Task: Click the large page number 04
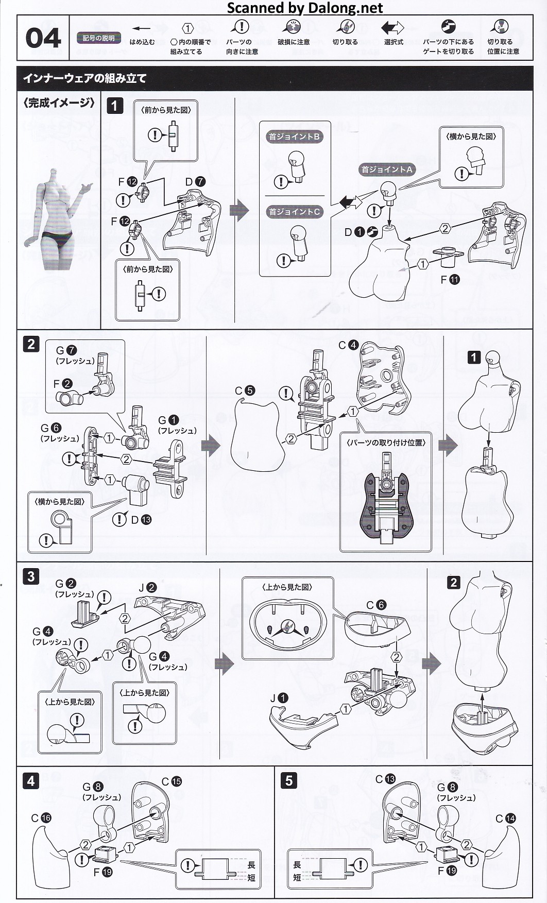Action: point(43,39)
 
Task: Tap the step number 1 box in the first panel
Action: point(114,106)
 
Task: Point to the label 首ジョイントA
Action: point(386,169)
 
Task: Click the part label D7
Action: point(195,181)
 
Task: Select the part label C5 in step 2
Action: point(245,390)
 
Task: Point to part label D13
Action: point(141,520)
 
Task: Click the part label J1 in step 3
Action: point(279,698)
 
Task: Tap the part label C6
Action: point(376,605)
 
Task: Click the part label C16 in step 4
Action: point(41,818)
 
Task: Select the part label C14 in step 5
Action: point(505,819)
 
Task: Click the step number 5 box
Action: point(288,780)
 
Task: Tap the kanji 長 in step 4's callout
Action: point(251,865)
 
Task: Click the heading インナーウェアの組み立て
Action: point(85,78)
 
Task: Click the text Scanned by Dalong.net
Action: point(305,8)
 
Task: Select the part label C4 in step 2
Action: point(348,345)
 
